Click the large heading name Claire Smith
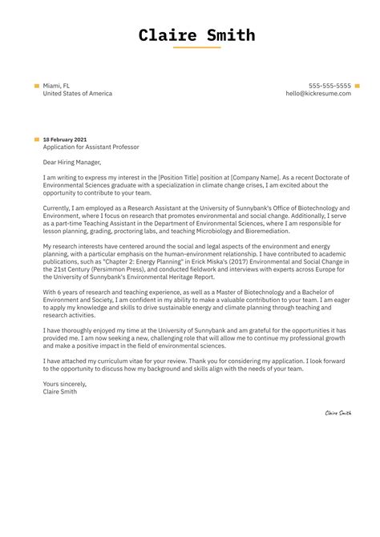[196, 35]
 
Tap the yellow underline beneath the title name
[196, 48]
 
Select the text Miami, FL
[58, 85]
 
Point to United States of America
[78, 94]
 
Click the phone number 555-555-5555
[329, 85]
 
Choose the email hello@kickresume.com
[318, 94]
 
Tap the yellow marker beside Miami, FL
[37, 85]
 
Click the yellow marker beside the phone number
[357, 85]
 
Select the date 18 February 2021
[65, 139]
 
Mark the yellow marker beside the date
[37, 139]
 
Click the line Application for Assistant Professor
[91, 147]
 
